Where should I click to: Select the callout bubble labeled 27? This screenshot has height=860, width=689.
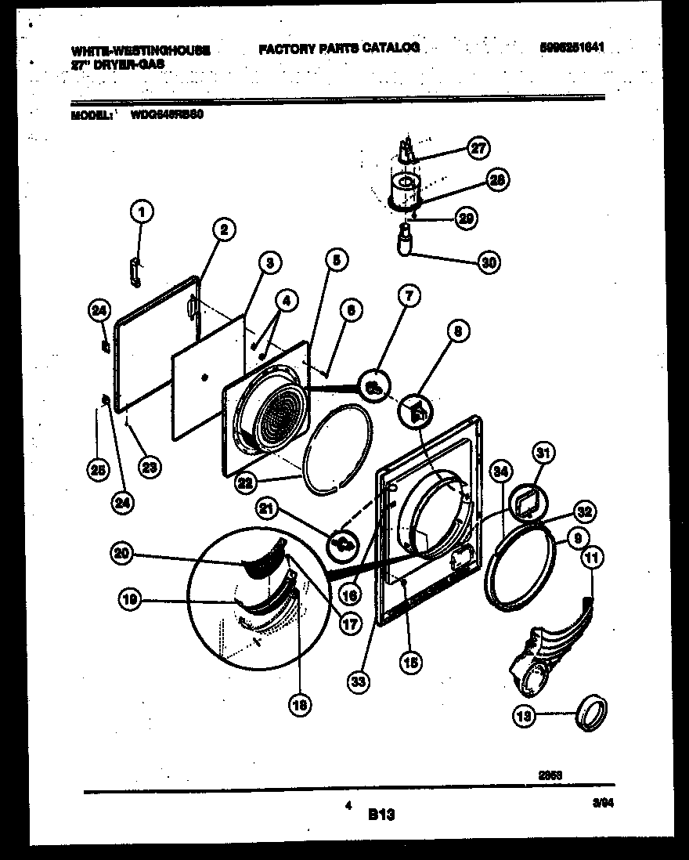coord(477,148)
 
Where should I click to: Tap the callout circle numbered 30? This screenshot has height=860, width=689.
coord(489,261)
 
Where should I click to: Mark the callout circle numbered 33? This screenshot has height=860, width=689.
coord(359,681)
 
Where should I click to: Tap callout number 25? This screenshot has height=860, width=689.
coord(96,470)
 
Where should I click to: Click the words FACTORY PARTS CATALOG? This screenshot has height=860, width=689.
coord(339,48)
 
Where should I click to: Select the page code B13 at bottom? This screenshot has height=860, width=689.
coord(381,815)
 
